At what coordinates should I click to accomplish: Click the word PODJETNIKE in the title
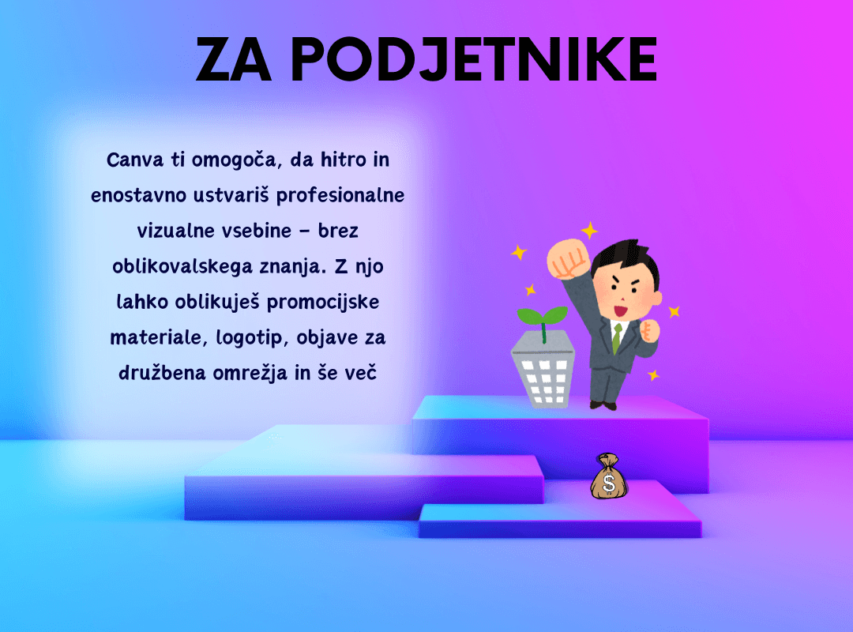point(475,59)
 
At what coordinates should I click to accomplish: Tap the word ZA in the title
point(233,59)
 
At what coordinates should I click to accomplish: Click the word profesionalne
point(340,196)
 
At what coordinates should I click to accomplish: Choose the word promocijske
point(323,303)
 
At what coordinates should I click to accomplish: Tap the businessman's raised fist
point(568,259)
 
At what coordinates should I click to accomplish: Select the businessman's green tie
point(617,338)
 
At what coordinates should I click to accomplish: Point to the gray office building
point(543,371)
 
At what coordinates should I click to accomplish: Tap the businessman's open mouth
point(621,311)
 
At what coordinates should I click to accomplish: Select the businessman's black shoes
point(603,405)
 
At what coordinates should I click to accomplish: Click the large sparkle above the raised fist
point(589,230)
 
